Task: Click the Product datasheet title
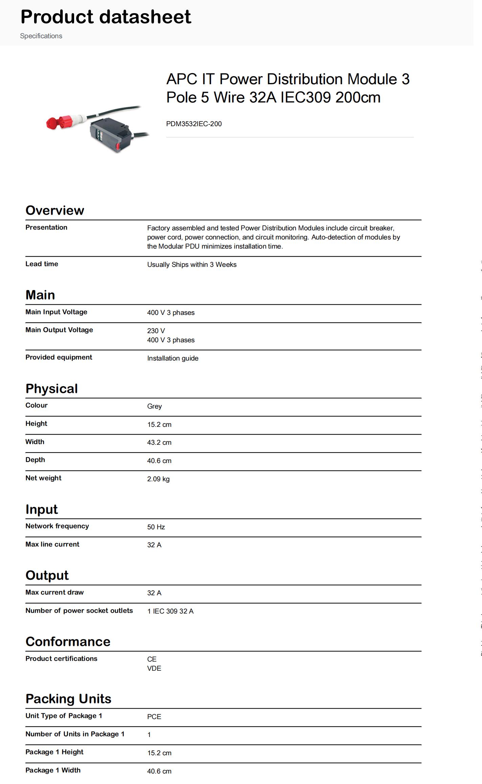point(106,17)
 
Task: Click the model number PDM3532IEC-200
point(194,124)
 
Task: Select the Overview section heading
point(55,210)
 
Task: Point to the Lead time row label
point(42,264)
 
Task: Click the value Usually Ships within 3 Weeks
point(192,264)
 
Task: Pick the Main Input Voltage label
point(56,312)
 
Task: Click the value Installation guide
point(173,358)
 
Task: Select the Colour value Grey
point(154,406)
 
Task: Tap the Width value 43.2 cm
point(159,442)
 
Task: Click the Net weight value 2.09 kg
point(158,479)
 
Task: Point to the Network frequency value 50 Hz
point(156,527)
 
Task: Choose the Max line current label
point(52,544)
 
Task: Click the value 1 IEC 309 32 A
point(170,611)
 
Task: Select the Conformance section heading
point(68,642)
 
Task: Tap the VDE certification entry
point(154,668)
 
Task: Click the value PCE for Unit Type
point(154,717)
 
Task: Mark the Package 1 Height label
point(54,752)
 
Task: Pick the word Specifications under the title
point(41,36)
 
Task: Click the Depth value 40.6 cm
point(159,461)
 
